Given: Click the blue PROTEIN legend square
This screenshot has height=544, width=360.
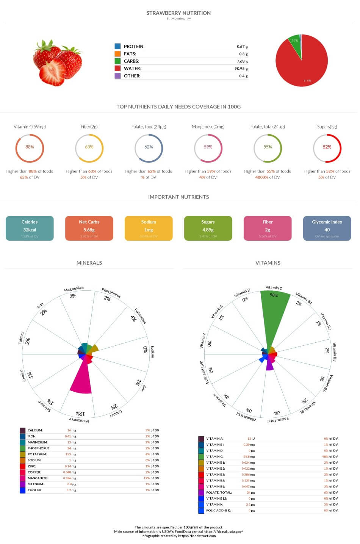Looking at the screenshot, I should tap(117, 46).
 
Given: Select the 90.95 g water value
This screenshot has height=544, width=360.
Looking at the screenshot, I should tap(241, 69).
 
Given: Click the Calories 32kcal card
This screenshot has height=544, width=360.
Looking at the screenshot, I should tap(30, 228).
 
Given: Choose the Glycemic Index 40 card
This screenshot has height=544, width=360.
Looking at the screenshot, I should tap(327, 228).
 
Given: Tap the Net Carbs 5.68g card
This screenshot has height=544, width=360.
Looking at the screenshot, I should tap(89, 228).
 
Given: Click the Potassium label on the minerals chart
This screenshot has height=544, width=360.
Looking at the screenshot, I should tap(140, 315).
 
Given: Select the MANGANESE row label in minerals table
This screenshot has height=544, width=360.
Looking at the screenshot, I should tap(38, 478).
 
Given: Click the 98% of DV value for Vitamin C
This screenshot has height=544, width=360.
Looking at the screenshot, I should tap(330, 456).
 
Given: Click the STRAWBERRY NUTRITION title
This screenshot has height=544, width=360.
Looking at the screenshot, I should tap(178, 13).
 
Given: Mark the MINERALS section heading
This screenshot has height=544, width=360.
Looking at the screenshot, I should tap(89, 263).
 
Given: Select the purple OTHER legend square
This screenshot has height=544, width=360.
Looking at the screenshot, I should tap(117, 76).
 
